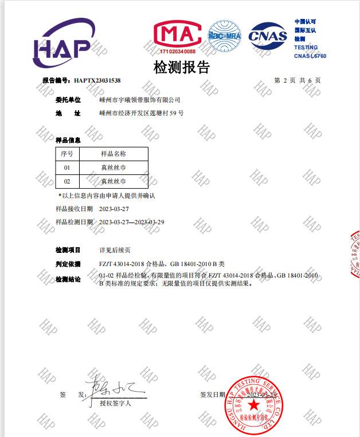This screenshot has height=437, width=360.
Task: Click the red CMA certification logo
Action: (177, 36)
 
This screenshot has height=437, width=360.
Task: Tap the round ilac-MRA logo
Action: (224, 36)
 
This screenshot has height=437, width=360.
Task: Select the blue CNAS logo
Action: (267, 36)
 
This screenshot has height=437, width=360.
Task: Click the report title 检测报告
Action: (182, 67)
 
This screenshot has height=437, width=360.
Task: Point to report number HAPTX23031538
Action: (97, 81)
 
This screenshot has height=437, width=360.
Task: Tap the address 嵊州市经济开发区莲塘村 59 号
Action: (141, 114)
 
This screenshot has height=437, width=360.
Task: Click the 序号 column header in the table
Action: (66, 154)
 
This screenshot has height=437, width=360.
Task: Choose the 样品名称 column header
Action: (113, 154)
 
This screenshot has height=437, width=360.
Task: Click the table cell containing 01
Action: (66, 167)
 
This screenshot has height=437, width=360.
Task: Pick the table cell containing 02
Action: (66, 181)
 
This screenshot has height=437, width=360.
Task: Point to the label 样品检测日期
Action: (74, 222)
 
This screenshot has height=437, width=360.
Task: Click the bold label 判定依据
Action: (68, 264)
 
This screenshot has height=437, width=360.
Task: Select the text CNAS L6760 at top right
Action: (310, 56)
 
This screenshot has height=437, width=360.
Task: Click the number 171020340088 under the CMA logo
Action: (177, 52)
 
